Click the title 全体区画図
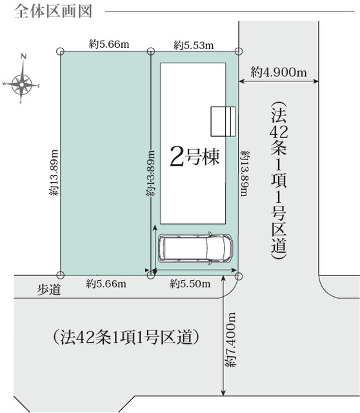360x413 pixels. coord(53,12)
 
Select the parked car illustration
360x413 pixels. coord(195,248)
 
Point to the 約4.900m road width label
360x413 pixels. coord(279,72)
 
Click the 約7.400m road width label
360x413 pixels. coord(231,340)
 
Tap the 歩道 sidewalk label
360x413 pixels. coord(49,290)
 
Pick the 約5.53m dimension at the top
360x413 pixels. coord(194,45)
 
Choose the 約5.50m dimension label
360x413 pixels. coord(190,284)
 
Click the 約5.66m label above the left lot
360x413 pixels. coord(109,44)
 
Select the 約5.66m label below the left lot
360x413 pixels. coord(106,284)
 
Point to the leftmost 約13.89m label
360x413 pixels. coord(54,173)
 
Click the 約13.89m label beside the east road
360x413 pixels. coord(245,174)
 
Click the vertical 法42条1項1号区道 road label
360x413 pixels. coord(279,181)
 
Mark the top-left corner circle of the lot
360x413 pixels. coord(60,51)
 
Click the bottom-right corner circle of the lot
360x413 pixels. coord(238,276)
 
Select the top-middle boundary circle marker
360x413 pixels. coord(150,51)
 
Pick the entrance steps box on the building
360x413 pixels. coord(223,121)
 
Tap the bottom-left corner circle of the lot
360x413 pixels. coord(61,276)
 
